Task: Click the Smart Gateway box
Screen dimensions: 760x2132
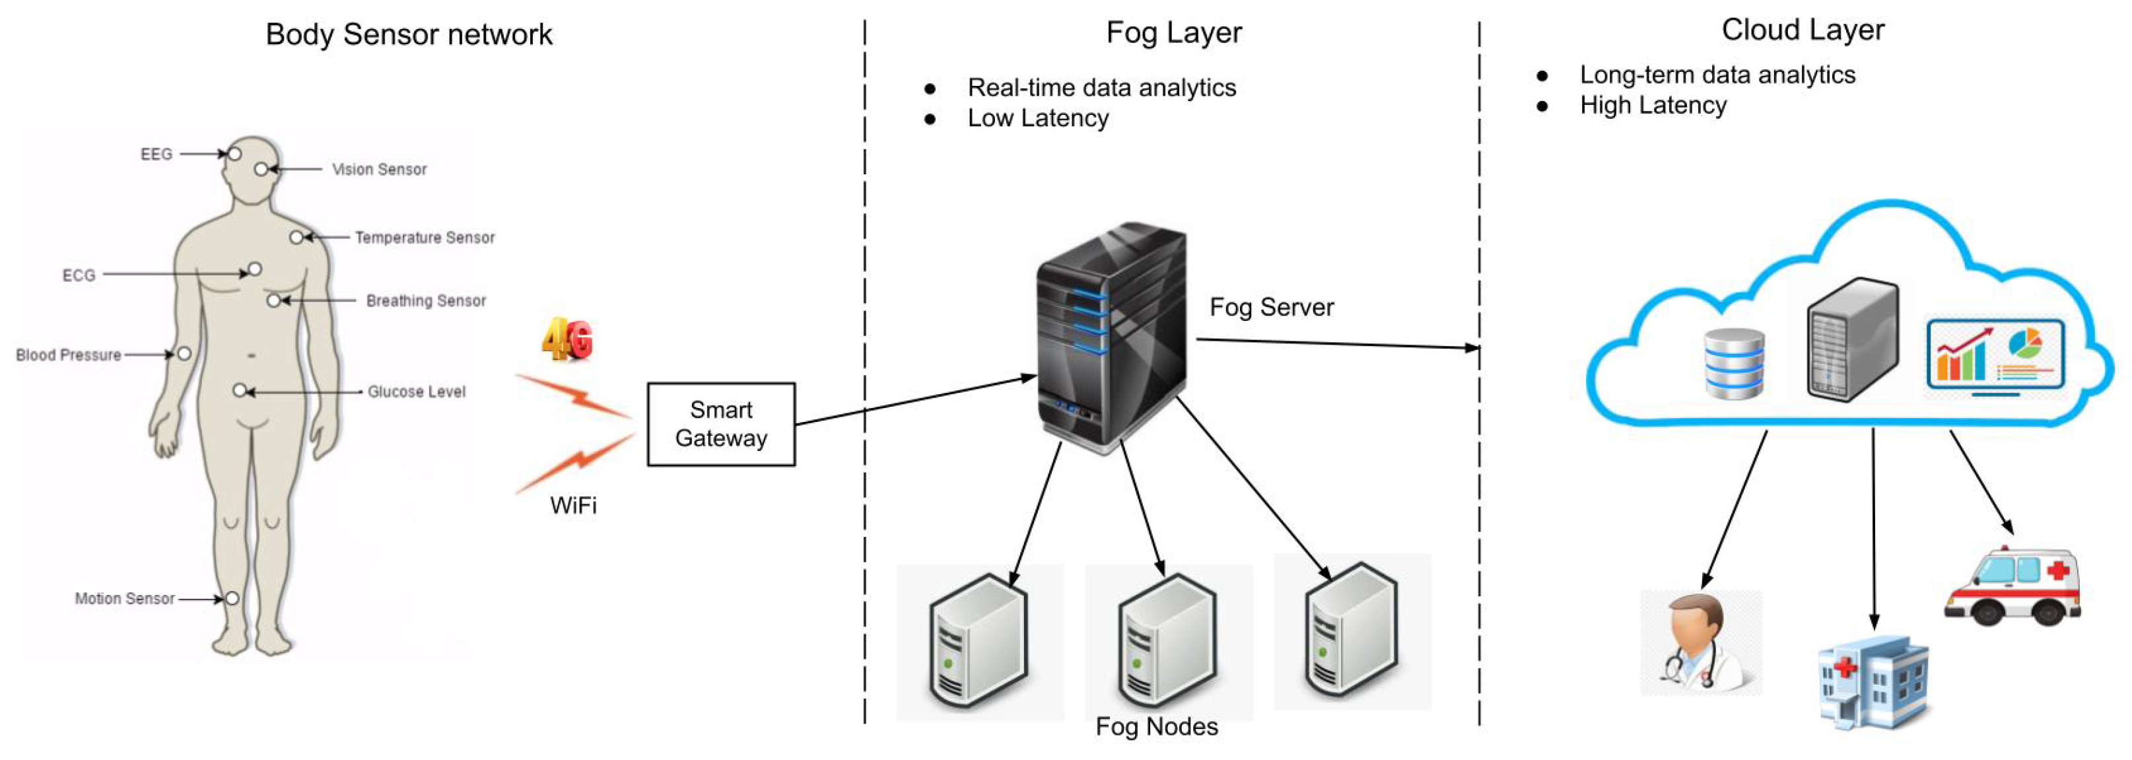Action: (x=721, y=424)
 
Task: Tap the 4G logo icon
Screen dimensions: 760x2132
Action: (x=568, y=339)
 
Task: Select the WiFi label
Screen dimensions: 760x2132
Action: (x=572, y=505)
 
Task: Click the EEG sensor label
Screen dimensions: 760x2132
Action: (x=156, y=154)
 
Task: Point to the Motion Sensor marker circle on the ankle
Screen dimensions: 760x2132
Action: (x=232, y=598)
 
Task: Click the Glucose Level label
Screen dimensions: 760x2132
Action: (x=417, y=392)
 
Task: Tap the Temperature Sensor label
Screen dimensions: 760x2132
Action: (x=425, y=238)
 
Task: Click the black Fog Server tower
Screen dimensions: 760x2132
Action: (x=1111, y=335)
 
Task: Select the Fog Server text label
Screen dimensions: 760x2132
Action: (x=1271, y=307)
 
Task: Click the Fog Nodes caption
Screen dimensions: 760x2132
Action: (x=1156, y=726)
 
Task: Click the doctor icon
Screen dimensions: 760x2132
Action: (x=1701, y=642)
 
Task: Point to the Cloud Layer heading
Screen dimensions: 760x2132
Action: (x=1803, y=30)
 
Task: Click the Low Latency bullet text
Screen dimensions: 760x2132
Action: (x=1038, y=118)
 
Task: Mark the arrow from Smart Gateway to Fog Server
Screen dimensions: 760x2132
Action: (x=914, y=401)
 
